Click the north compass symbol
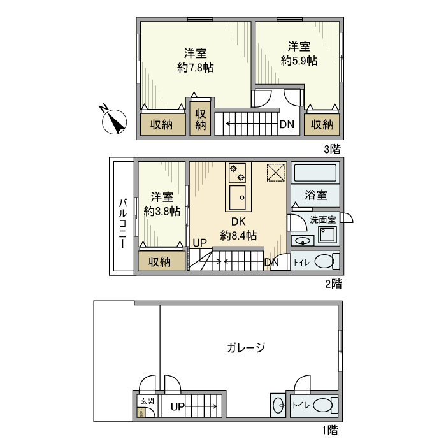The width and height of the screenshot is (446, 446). [114, 122]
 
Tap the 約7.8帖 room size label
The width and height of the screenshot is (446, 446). [196, 68]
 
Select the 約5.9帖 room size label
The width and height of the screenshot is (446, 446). [299, 61]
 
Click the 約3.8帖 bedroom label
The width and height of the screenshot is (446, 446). [162, 212]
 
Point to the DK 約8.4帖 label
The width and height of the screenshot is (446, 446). [238, 229]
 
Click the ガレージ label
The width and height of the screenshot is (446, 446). [246, 348]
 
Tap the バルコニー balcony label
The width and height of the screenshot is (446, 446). [123, 224]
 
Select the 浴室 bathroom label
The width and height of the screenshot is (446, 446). [316, 195]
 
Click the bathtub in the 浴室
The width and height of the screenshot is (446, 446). [315, 173]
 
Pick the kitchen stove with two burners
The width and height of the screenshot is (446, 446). [238, 173]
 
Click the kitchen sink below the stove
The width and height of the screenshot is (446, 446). [238, 198]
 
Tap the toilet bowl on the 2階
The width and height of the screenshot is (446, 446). [324, 261]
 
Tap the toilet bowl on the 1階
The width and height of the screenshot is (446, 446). [323, 405]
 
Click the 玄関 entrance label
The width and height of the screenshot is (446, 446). [147, 401]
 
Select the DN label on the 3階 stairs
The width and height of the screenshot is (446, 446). [287, 124]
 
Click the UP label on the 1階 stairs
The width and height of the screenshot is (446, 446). [178, 406]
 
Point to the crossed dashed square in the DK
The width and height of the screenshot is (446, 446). [276, 173]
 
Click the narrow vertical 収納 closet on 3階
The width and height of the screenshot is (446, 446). [200, 119]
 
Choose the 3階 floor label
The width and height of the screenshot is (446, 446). [332, 149]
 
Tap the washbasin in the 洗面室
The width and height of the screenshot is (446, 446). [303, 241]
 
